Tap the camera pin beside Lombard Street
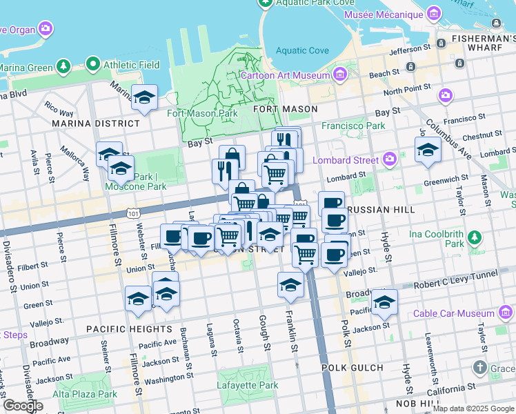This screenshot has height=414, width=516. (x=390, y=159)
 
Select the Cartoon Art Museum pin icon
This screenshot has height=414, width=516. (x=339, y=75)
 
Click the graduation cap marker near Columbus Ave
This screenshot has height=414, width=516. (x=428, y=150)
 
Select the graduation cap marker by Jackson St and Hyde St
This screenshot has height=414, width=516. (x=384, y=302)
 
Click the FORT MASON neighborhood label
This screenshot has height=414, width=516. (x=286, y=109)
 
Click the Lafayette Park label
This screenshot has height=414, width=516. (x=248, y=385)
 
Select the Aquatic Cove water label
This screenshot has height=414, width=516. (x=302, y=50)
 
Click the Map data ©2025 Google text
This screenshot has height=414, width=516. (x=473, y=408)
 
